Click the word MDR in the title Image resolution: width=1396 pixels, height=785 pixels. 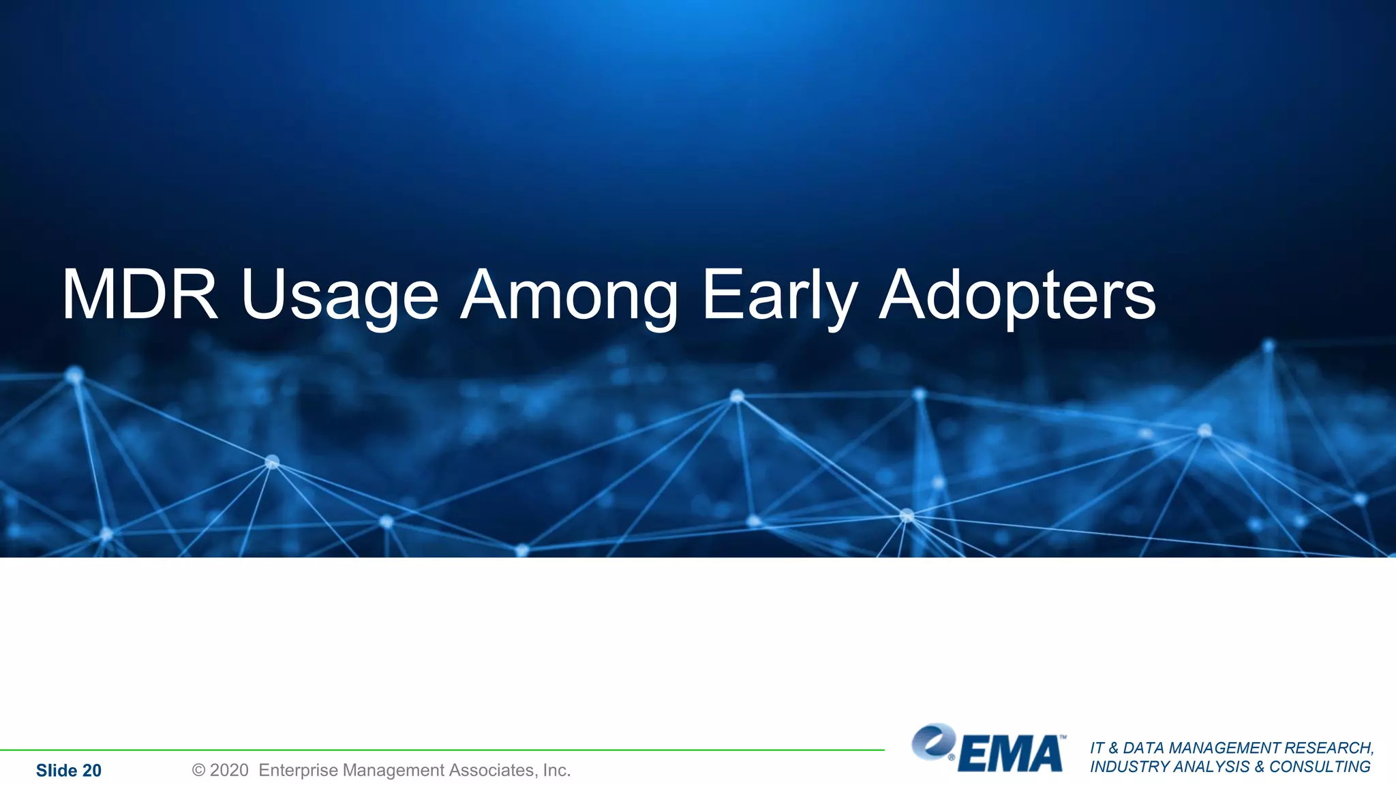[x=140, y=294]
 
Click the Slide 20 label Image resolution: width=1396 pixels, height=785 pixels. [x=68, y=771]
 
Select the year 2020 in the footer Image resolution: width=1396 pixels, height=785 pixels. [x=229, y=771]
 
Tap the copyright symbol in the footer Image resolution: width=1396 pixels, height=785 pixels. [x=198, y=771]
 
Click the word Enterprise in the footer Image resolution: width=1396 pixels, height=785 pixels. [x=298, y=771]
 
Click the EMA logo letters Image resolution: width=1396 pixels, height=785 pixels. [x=1011, y=754]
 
